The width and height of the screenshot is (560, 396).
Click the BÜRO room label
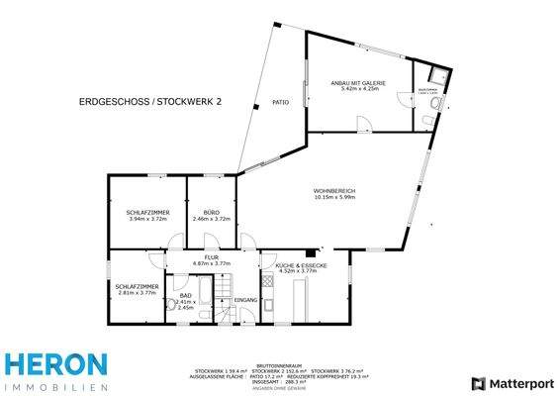click(211, 213)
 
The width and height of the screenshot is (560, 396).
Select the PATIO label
click(280, 102)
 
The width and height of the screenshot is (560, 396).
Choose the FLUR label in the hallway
click(210, 256)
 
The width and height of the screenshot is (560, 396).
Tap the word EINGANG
click(246, 299)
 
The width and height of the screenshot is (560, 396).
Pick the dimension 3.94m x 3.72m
click(147, 219)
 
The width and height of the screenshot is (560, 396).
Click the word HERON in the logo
click(53, 364)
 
